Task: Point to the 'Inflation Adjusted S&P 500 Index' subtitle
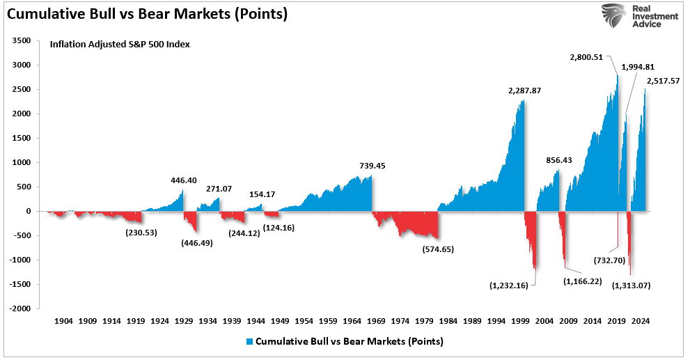120,45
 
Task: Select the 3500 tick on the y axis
22,41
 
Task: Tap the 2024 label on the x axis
641,322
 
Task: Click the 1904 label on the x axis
63,322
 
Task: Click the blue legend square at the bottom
250,342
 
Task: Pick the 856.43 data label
558,159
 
